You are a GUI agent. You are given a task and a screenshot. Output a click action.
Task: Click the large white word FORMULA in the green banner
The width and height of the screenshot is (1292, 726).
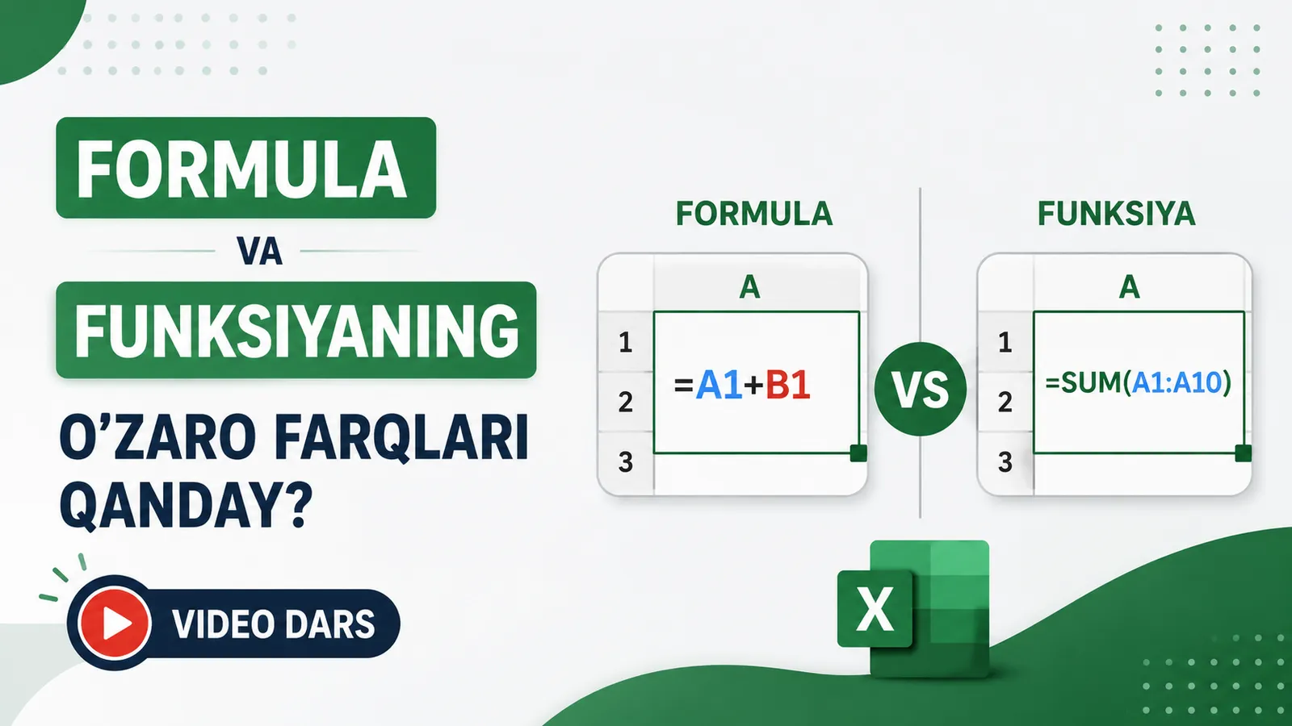point(241,169)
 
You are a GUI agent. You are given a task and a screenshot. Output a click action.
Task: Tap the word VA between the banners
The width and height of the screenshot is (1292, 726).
point(259,251)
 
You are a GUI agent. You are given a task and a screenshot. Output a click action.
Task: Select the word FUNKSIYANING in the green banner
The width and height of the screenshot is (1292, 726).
point(296,331)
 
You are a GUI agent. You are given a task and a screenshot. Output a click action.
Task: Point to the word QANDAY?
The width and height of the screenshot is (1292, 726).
point(186,507)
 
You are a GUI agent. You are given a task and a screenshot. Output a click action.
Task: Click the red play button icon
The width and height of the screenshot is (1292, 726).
point(114,623)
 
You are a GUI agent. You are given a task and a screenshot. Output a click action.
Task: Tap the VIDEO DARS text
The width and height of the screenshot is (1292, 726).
point(274,624)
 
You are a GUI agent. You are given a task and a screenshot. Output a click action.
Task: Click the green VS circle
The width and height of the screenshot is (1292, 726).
point(920,388)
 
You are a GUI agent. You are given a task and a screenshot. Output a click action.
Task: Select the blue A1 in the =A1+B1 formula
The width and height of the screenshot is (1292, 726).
point(719,385)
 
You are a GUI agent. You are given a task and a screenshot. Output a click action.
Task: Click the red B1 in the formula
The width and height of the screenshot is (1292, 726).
point(788,385)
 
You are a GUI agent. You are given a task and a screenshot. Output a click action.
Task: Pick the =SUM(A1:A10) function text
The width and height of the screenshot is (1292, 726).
point(1138,382)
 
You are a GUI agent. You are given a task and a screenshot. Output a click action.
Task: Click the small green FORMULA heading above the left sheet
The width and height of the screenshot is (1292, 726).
point(754,214)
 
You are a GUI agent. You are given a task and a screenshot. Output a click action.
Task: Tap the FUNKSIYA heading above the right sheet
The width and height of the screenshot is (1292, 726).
point(1116,214)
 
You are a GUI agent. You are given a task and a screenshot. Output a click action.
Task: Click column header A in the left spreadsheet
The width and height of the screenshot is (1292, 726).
point(749,286)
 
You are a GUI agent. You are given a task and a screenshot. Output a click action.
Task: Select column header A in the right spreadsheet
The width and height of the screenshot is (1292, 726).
point(1129,286)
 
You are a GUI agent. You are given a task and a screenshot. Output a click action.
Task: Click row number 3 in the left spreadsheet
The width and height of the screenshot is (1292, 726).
point(626,462)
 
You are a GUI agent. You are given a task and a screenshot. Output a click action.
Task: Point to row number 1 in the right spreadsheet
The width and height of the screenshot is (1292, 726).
point(1005,343)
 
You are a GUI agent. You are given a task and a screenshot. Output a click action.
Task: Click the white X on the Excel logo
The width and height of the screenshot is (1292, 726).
point(875,608)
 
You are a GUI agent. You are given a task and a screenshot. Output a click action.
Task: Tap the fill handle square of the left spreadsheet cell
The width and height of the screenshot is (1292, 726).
point(858,453)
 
